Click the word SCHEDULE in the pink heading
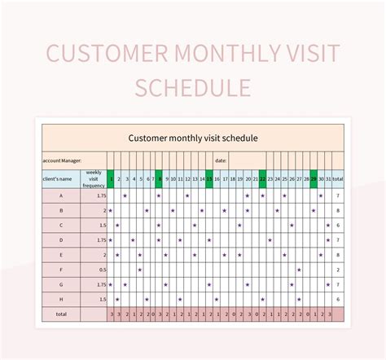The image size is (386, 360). pyautogui.click(x=193, y=86)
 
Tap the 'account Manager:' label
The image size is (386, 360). pyautogui.click(x=61, y=160)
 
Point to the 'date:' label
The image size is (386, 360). pyautogui.click(x=221, y=160)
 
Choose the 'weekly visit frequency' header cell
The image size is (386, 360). pyautogui.click(x=94, y=178)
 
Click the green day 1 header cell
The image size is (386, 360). pyautogui.click(x=111, y=178)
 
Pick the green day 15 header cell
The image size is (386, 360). pyautogui.click(x=209, y=178)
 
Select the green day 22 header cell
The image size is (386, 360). pyautogui.click(x=261, y=178)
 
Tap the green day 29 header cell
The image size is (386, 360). pyautogui.click(x=314, y=178)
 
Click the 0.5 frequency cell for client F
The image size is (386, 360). pyautogui.click(x=94, y=269)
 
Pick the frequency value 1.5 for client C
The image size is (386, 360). pyautogui.click(x=94, y=225)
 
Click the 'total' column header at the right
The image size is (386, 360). pyautogui.click(x=337, y=178)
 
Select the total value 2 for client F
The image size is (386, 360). pyautogui.click(x=337, y=269)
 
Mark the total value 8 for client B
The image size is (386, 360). pyautogui.click(x=337, y=210)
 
